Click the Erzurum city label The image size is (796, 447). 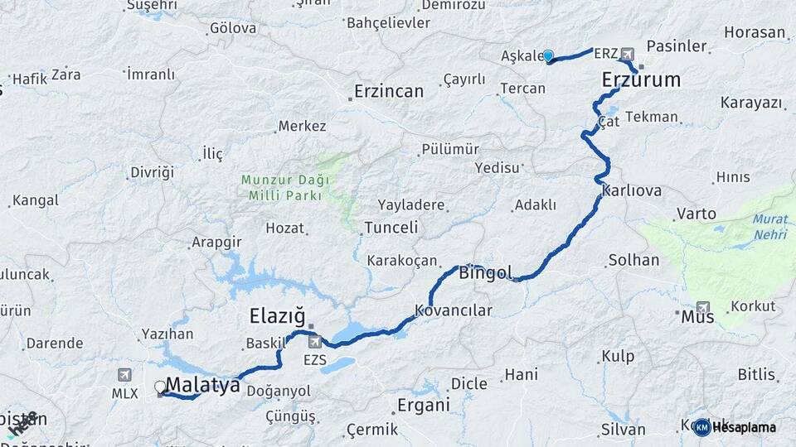pos(641,80)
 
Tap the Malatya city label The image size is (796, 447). pos(203,385)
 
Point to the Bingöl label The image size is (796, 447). pos(486,272)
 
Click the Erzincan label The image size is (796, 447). pos(389,91)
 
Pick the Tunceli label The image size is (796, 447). pos(391,227)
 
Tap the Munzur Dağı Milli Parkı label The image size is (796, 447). pos(285,187)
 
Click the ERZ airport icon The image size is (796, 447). pos(627,54)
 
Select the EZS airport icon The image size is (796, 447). pos(314,342)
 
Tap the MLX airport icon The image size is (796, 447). pos(125,375)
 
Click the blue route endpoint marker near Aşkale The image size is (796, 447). pos(548,55)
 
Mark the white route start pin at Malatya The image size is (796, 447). pos(160,387)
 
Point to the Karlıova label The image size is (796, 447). pos(632,191)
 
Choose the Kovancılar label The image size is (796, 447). pos(454,311)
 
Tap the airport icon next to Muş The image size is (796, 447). pos(703,306)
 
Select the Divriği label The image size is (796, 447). pos(152,172)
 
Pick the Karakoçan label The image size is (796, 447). pos(402,260)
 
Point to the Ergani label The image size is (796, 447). pos(424,406)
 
